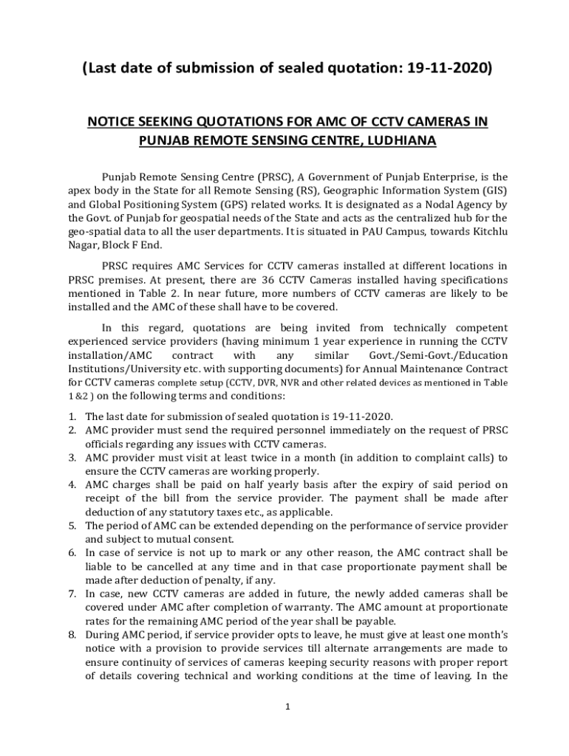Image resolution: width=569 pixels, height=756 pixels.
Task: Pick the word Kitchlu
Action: (x=486, y=232)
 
